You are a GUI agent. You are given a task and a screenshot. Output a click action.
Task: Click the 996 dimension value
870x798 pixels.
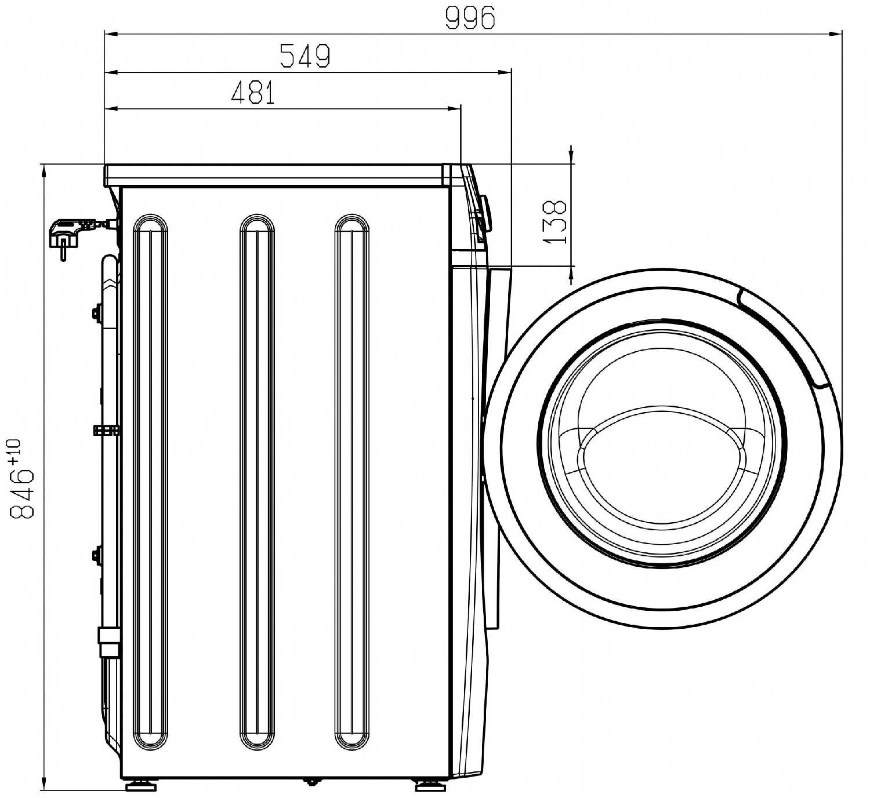coord(470,18)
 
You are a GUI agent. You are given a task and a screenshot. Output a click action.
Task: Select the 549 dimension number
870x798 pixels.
coord(305,56)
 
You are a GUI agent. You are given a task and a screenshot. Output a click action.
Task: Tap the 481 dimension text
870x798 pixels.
coord(253,93)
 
